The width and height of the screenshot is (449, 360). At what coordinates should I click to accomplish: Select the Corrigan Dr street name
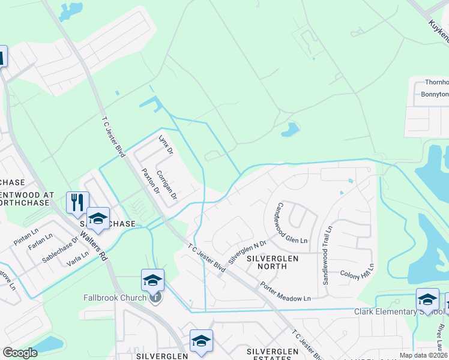pos(167,184)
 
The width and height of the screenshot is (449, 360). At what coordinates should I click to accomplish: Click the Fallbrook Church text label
pos(115,298)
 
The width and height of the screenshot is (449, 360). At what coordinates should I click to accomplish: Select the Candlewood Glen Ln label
pos(291,223)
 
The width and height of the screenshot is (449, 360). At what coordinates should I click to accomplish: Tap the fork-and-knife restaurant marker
pos(77,202)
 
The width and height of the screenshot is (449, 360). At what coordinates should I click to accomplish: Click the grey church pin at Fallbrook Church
pos(155,297)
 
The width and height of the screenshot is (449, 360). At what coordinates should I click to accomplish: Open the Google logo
pos(20,353)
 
